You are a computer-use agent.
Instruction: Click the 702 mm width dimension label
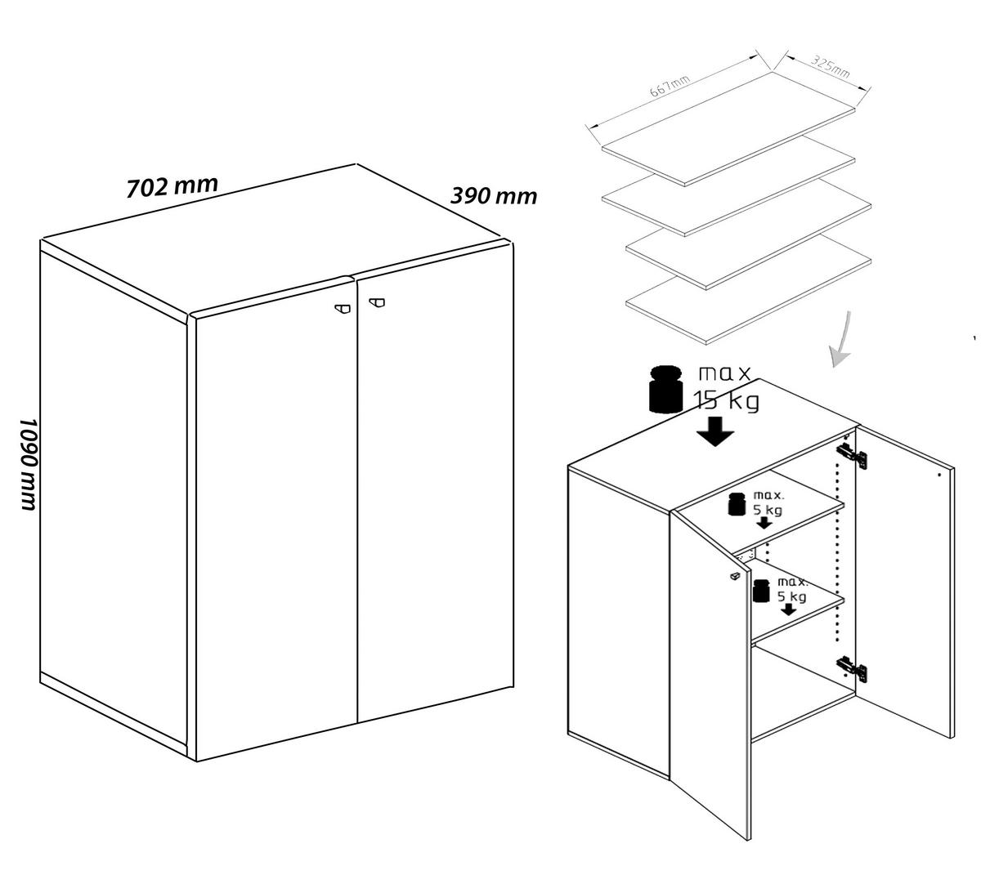pyautogui.click(x=172, y=186)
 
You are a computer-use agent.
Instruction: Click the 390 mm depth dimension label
pyautogui.click(x=494, y=196)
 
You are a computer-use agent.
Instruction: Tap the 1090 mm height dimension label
pyautogui.click(x=30, y=464)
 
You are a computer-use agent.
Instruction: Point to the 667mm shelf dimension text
pyautogui.click(x=670, y=87)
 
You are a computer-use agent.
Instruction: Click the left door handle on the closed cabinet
pyautogui.click(x=343, y=308)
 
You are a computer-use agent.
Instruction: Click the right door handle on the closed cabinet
pyautogui.click(x=377, y=302)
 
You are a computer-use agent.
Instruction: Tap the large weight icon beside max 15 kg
pyautogui.click(x=665, y=389)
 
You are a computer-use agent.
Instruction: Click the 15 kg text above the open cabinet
pyautogui.click(x=726, y=400)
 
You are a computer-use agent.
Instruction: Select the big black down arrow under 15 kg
pyautogui.click(x=715, y=431)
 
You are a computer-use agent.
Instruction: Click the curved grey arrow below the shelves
pyautogui.click(x=842, y=340)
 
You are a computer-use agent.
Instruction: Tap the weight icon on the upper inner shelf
pyautogui.click(x=737, y=504)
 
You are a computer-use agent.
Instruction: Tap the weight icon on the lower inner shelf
pyautogui.click(x=762, y=591)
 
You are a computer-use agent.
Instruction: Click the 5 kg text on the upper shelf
pyautogui.click(x=768, y=510)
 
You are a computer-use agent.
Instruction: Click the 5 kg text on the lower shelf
pyautogui.click(x=792, y=596)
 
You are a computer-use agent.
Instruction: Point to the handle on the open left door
pyautogui.click(x=735, y=575)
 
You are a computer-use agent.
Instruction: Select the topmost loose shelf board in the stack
pyautogui.click(x=728, y=129)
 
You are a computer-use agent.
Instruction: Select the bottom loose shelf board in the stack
pyautogui.click(x=749, y=289)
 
